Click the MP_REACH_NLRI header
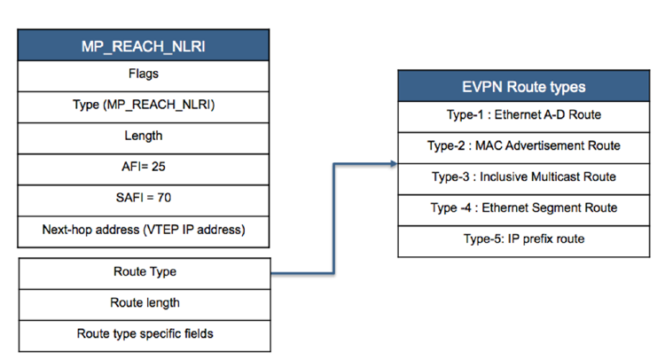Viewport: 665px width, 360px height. pos(144,44)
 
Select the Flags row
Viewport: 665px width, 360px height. pos(144,74)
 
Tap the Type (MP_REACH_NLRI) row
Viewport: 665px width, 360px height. pos(144,106)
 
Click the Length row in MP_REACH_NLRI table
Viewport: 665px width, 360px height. pos(144,137)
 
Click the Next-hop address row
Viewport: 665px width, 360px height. pos(144,230)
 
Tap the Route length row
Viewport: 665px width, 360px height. pos(144,303)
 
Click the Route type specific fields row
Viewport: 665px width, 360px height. pos(144,334)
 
